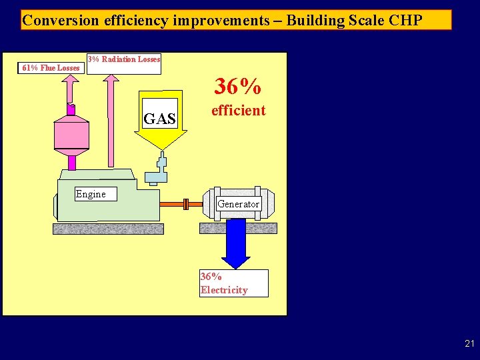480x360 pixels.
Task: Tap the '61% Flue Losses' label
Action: (x=51, y=67)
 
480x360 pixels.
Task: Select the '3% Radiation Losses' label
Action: (x=125, y=59)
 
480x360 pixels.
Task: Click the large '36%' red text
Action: (x=237, y=86)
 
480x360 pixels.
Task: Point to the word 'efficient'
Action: (x=238, y=111)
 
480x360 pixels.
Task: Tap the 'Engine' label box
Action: (x=91, y=194)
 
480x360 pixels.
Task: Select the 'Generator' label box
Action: (x=238, y=204)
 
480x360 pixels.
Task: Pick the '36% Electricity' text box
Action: (x=233, y=283)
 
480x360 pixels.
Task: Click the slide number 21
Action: (x=469, y=344)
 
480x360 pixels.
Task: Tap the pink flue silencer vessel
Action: (x=71, y=134)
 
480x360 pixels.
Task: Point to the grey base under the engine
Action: (x=108, y=229)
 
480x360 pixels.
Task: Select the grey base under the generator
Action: (x=238, y=227)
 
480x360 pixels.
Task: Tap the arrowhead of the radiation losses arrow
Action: (x=110, y=79)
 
